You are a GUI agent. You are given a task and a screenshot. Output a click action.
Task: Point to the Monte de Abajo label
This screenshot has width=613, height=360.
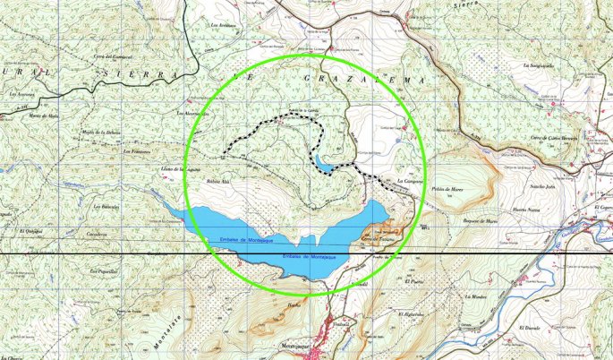coord(43,116)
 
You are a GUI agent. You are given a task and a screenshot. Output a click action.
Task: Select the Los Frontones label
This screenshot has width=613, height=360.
coord(135,151)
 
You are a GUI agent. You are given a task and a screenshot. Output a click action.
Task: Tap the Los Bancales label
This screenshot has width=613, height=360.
coord(107,207)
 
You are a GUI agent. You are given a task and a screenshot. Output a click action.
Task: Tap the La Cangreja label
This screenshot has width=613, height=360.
coord(409,181)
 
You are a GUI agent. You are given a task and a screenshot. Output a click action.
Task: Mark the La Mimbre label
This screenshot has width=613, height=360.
coord(476,296)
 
